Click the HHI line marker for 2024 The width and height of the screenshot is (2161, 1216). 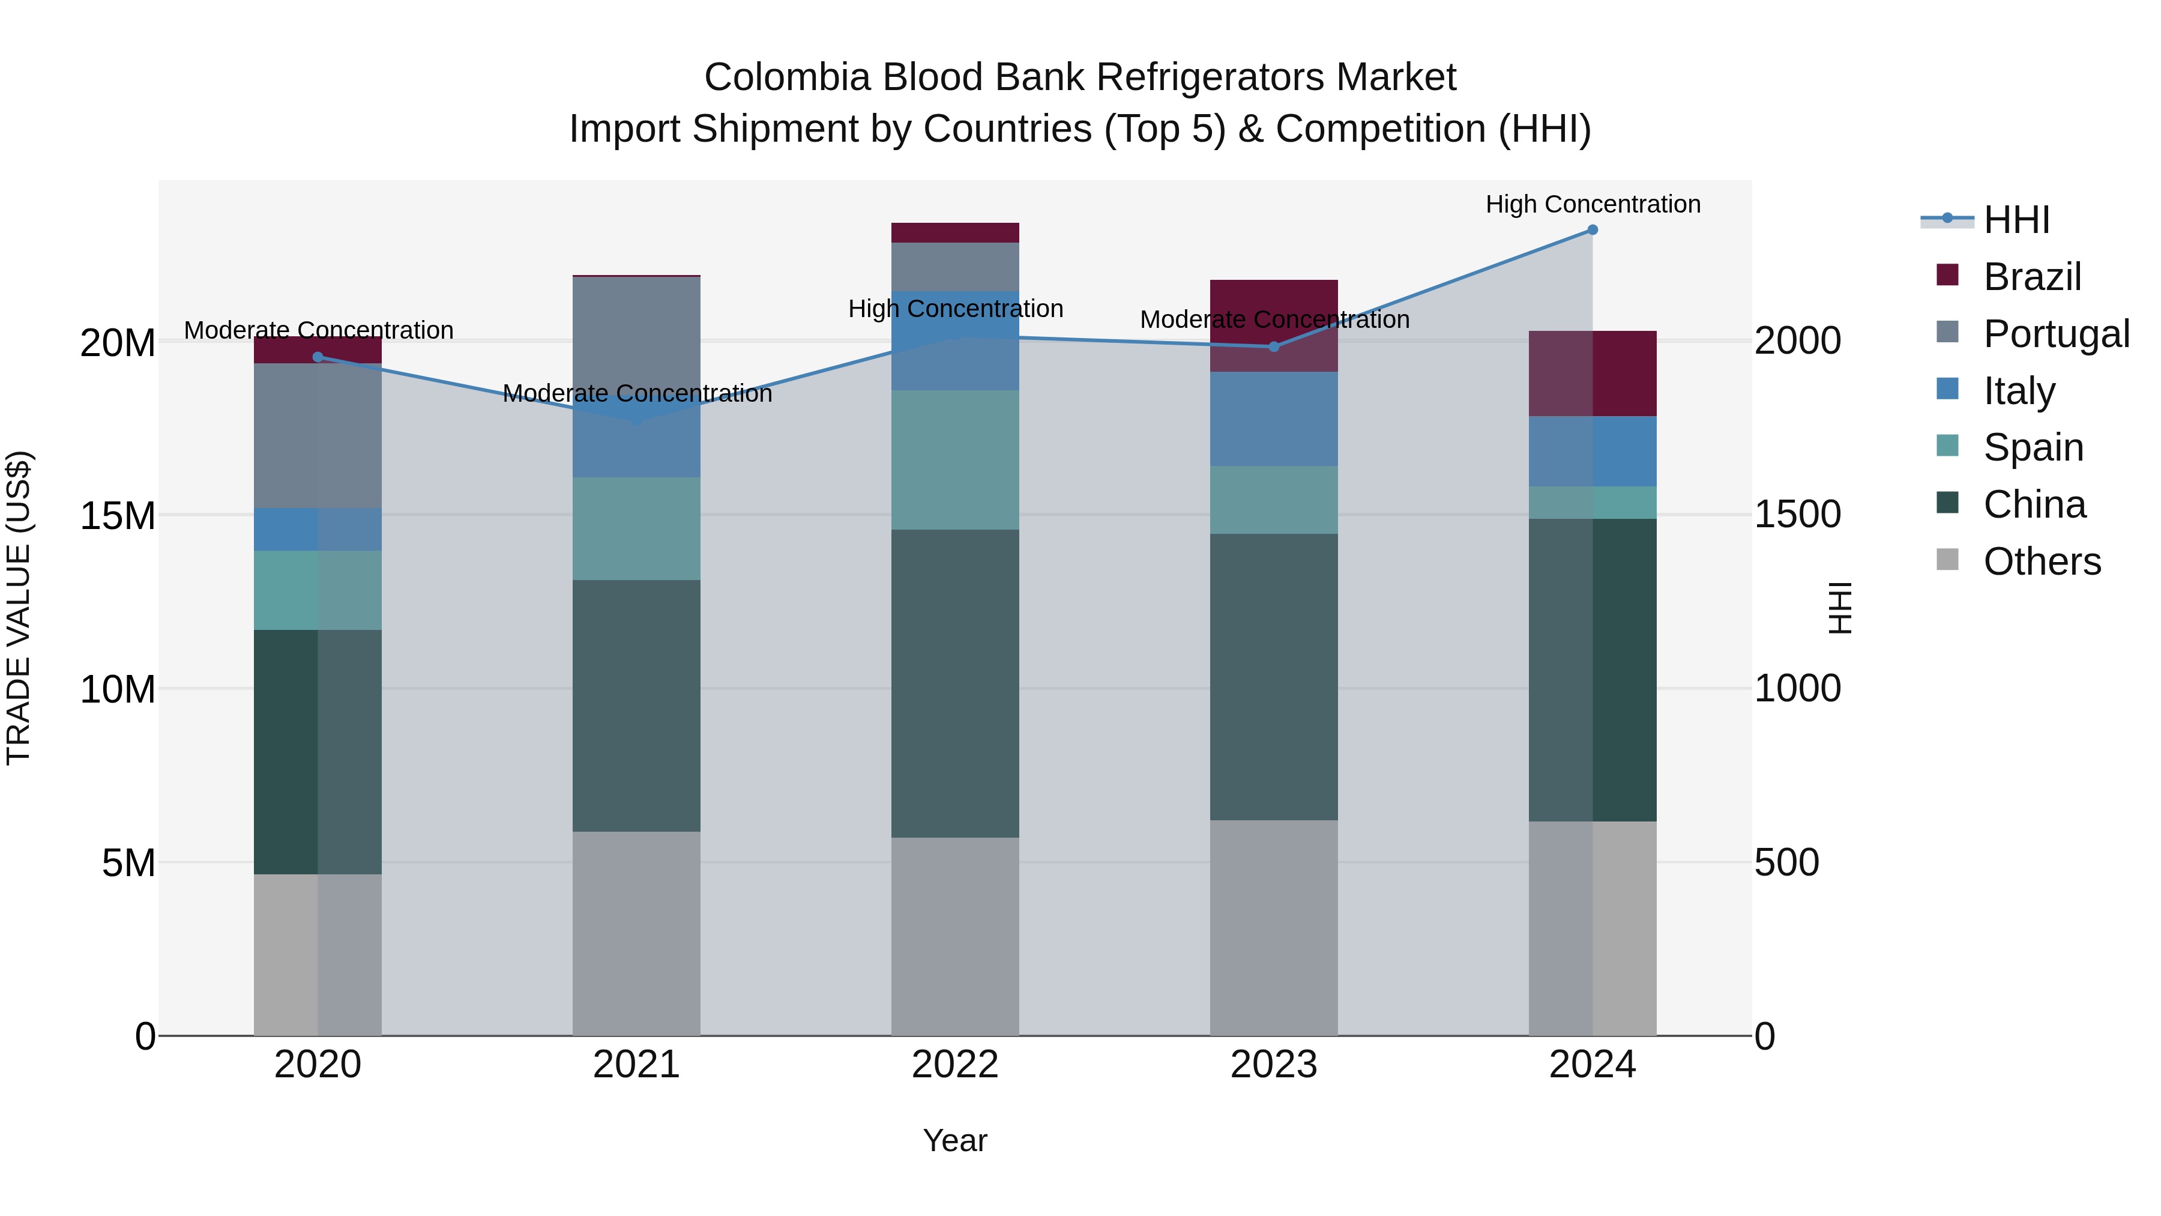click(x=1592, y=230)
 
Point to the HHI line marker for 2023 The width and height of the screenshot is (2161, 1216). click(x=1273, y=346)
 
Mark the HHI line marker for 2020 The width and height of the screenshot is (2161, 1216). click(x=318, y=357)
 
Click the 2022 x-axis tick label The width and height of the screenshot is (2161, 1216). click(x=954, y=1065)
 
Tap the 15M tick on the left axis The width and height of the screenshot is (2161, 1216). click(x=118, y=515)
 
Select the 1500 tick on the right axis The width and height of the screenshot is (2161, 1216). click(x=1797, y=515)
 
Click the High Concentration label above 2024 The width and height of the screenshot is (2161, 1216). click(x=1592, y=204)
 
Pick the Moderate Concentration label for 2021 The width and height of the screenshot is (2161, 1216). click(x=637, y=393)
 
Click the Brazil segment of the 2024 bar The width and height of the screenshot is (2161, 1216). click(x=1592, y=374)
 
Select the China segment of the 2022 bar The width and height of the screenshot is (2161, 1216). click(x=954, y=683)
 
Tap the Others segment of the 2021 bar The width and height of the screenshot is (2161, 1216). click(x=637, y=933)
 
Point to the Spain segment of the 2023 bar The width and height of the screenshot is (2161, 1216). click(x=1273, y=500)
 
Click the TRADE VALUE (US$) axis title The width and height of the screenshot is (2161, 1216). click(x=19, y=608)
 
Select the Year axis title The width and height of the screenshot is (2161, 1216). click(x=954, y=1140)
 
